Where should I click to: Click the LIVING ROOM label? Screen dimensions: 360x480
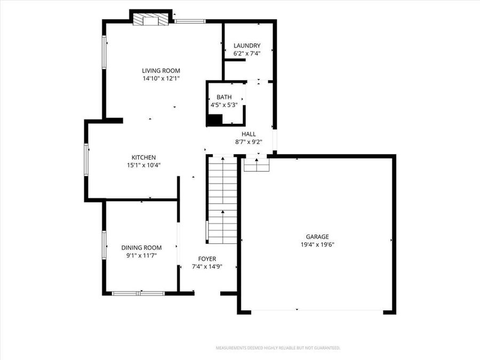pyautogui.click(x=161, y=70)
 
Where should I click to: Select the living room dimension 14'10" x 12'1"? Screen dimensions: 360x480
pyautogui.click(x=161, y=78)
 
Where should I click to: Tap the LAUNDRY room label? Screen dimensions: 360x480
pyautogui.click(x=247, y=46)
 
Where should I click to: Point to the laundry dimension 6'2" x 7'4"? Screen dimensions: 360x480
pyautogui.click(x=247, y=53)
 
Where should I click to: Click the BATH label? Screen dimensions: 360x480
pyautogui.click(x=224, y=97)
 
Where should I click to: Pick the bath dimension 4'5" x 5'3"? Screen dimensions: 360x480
pyautogui.click(x=224, y=105)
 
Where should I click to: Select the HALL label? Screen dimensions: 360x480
pyautogui.click(x=249, y=134)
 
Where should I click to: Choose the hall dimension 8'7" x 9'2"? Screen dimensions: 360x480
pyautogui.click(x=249, y=142)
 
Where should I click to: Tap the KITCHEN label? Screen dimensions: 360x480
pyautogui.click(x=143, y=157)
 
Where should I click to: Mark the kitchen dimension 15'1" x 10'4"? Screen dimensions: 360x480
pyautogui.click(x=143, y=165)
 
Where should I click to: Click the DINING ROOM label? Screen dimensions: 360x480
pyautogui.click(x=141, y=247)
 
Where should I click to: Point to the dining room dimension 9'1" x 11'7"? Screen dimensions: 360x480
pyautogui.click(x=141, y=255)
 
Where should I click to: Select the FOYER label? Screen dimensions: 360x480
pyautogui.click(x=207, y=259)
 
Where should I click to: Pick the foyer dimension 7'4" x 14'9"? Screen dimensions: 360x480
pyautogui.click(x=207, y=267)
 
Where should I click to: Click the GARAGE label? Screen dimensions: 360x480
pyautogui.click(x=317, y=237)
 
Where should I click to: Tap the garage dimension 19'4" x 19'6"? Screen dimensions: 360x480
pyautogui.click(x=317, y=245)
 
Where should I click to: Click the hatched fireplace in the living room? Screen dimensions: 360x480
pyautogui.click(x=151, y=20)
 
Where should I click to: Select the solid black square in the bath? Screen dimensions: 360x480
pyautogui.click(x=215, y=120)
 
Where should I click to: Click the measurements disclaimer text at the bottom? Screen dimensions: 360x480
pyautogui.click(x=277, y=348)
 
